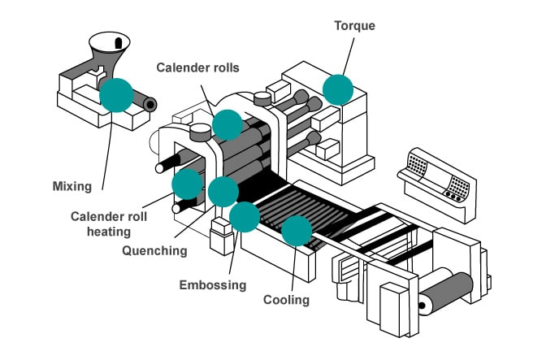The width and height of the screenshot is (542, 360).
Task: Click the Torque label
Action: (356, 24)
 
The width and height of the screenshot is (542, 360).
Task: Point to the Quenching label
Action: (154, 251)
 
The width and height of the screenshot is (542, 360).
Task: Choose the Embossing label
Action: (212, 284)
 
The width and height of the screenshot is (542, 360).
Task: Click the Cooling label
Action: (286, 300)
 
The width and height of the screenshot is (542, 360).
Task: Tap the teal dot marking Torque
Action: (338, 89)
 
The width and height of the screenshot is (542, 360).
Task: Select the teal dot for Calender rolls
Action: (227, 124)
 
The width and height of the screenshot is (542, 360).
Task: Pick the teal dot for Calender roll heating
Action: (188, 184)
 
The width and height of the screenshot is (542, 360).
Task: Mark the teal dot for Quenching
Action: (223, 191)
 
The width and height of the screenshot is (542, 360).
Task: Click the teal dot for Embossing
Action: (245, 216)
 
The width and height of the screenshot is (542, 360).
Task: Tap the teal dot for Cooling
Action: (297, 232)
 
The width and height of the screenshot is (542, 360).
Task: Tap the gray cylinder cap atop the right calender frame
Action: (262, 98)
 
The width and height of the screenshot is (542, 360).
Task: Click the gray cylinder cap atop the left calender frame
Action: (199, 130)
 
